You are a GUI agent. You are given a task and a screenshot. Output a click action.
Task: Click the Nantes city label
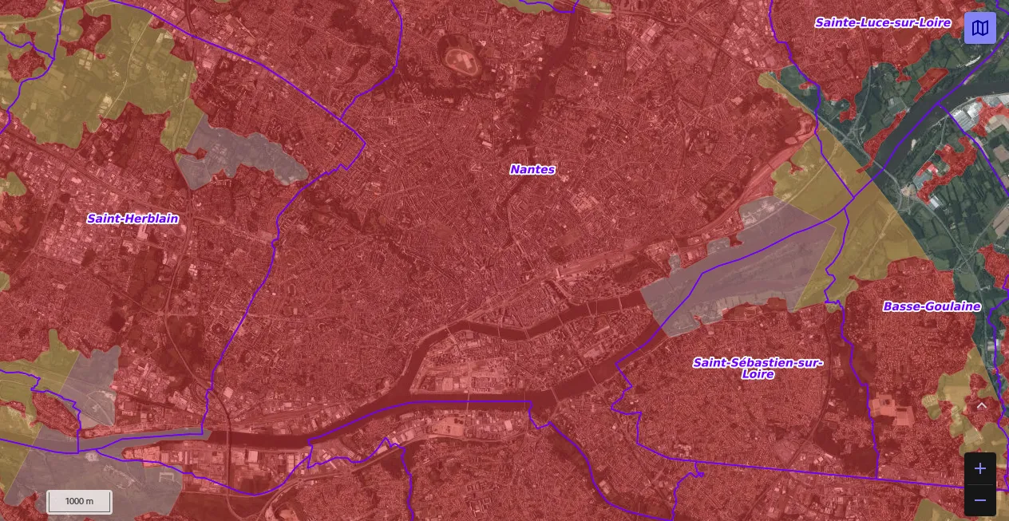coord(532,169)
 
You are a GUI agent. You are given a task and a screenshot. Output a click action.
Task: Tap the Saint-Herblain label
coord(133,219)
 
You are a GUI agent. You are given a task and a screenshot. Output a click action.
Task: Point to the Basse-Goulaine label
coord(931,306)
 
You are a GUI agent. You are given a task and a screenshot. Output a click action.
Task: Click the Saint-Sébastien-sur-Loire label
coord(757,363)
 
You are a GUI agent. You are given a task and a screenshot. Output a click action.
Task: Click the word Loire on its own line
coord(757,374)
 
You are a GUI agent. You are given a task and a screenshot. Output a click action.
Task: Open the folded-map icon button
coord(979,28)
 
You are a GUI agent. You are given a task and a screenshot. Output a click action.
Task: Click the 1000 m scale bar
coord(79,501)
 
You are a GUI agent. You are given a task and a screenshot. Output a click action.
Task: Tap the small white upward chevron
coord(982,405)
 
